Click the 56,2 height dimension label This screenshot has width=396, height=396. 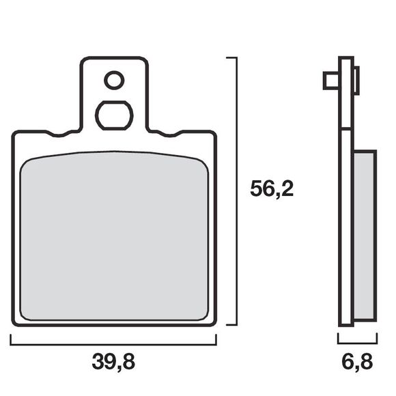(272, 189)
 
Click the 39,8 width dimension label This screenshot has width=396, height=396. (113, 362)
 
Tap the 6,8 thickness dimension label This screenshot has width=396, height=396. (357, 362)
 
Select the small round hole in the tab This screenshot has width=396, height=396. (114, 81)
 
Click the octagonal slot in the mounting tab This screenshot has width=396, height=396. (114, 115)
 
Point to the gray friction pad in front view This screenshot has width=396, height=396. (114, 236)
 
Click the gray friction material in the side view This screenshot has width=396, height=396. (364, 236)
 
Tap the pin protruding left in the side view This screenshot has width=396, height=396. (331, 81)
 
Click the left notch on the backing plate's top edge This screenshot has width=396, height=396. (59, 134)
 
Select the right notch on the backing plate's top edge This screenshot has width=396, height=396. (170, 134)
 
